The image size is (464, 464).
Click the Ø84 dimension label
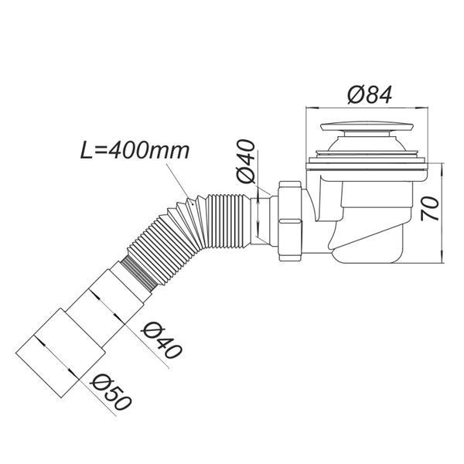coord(370,94)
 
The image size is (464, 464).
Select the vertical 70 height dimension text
coord(430,209)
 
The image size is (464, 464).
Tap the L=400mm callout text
coord(135,152)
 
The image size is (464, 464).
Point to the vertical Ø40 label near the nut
coord(246,162)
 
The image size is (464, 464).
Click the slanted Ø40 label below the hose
coord(162,340)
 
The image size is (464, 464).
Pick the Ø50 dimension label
coord(111,391)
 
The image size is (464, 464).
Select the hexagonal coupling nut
coord(290,220)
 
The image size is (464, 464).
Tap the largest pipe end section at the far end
coord(61,353)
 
